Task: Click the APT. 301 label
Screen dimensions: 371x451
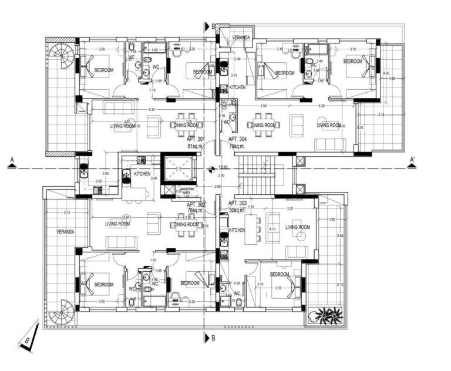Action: click(196, 139)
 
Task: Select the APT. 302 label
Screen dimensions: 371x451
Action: click(196, 204)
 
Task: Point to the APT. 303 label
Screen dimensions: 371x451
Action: click(237, 203)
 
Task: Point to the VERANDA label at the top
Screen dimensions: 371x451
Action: click(241, 38)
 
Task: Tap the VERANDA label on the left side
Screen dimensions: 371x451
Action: click(66, 232)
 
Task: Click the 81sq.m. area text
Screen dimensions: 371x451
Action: click(196, 146)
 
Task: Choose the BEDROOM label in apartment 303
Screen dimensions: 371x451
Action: click(280, 274)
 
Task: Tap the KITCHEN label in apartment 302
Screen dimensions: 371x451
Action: click(143, 174)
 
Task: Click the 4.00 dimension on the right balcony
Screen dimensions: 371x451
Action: click(386, 73)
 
